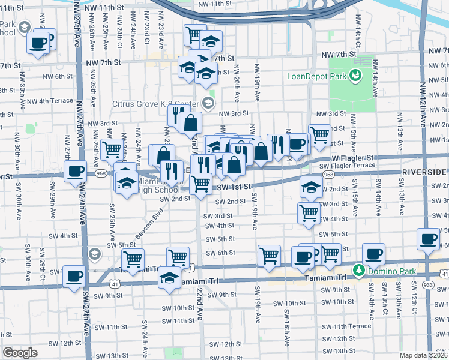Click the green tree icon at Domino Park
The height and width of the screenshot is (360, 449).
coord(359,271)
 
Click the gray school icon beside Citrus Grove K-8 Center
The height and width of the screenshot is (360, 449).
coord(208,103)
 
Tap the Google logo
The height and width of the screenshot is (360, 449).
coord(20,353)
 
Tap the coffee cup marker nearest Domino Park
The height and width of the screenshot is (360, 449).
coord(375,254)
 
